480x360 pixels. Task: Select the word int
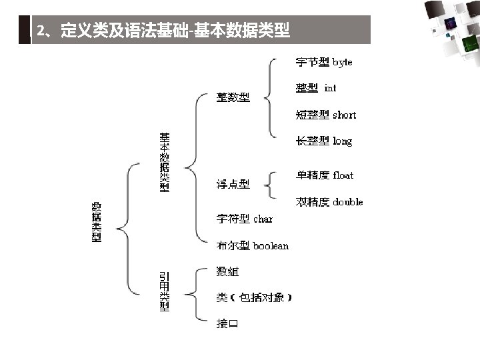coord(331,88)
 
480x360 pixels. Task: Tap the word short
coord(345,115)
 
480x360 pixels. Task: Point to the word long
coord(343,141)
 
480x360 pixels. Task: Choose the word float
coord(343,175)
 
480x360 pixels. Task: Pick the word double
coord(348,202)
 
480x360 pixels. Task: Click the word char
coord(263,219)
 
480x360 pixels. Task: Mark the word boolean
coord(271,246)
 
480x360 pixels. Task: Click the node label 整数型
coord(233,98)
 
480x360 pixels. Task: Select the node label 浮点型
coord(233,185)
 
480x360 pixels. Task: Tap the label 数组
coord(227,271)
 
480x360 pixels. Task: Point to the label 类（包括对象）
coord(254,297)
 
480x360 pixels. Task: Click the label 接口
coord(227,324)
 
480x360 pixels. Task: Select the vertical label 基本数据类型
coord(164,163)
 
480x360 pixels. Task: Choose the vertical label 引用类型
coord(164,291)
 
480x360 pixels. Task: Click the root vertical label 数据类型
coord(97,222)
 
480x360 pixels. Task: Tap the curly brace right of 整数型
coord(269,98)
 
